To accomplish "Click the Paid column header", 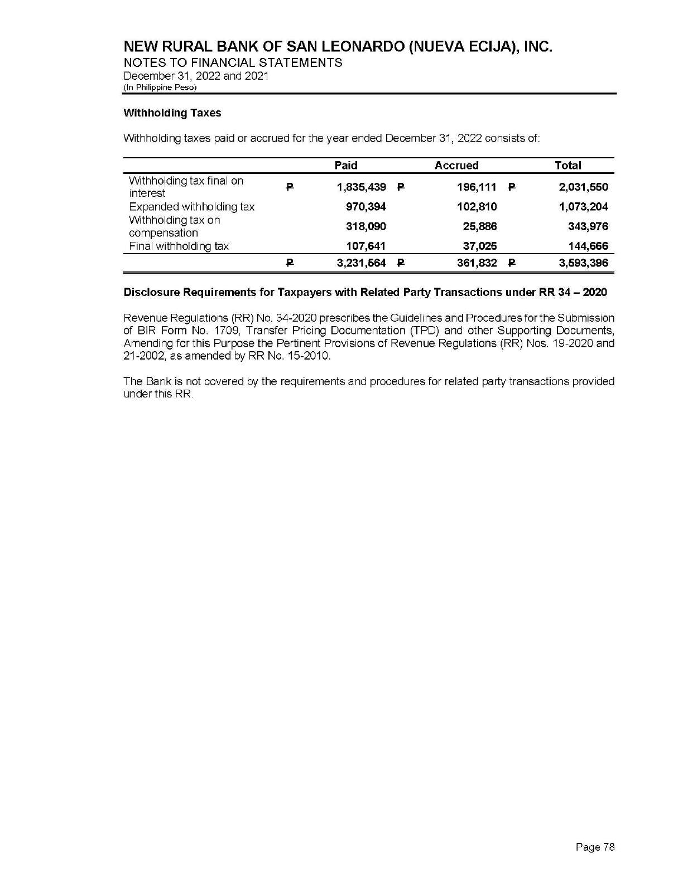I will coord(345,166).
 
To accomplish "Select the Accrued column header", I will coord(456,166).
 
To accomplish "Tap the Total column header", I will coord(568,166).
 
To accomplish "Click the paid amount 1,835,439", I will coord(361,187).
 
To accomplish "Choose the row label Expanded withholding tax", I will coord(191,207).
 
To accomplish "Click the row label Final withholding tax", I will coord(179,246).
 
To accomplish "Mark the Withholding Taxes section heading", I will coord(172,113).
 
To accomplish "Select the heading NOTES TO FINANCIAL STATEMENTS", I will coord(233,62).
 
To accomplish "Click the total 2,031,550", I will coord(584,187).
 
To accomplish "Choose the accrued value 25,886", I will coord(480,226).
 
